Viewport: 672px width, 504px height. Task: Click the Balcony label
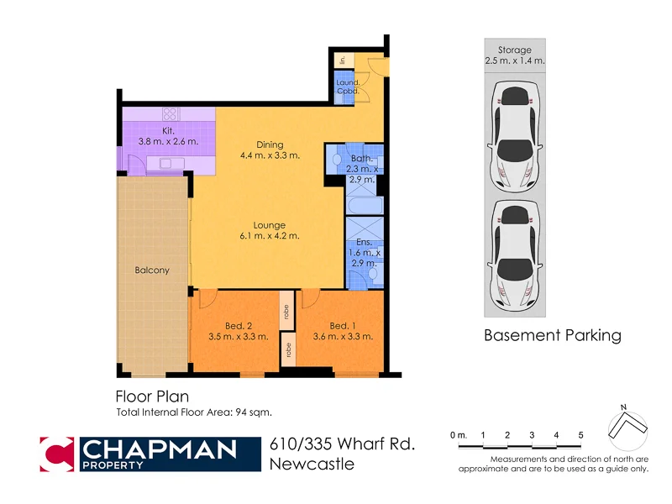[152, 270]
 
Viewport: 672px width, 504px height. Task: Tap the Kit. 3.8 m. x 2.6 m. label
[168, 136]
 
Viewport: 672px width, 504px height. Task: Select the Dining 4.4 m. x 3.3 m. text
[270, 150]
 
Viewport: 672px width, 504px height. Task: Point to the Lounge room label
[270, 230]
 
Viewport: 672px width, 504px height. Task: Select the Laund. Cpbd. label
[348, 87]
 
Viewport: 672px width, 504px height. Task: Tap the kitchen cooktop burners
[171, 113]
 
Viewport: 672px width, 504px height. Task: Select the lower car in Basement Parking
[514, 253]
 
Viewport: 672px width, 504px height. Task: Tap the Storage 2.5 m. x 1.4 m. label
[514, 55]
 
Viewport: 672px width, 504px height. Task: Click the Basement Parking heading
[552, 336]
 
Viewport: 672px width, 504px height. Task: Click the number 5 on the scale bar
[580, 434]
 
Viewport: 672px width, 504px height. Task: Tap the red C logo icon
[58, 454]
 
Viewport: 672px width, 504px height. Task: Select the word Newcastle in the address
[312, 464]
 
